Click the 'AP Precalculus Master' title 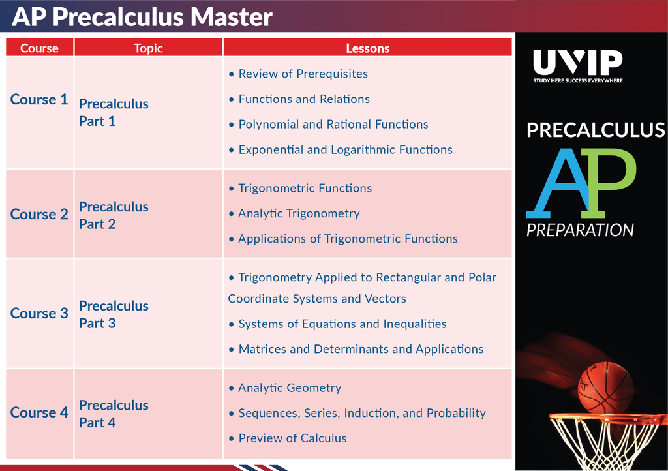pos(142,16)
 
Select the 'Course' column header pos(39,48)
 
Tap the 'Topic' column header pos(148,48)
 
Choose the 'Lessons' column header pos(368,48)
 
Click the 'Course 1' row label pos(39,99)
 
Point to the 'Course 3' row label pos(39,313)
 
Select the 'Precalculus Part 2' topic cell pos(114,215)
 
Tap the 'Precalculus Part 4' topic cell pos(114,414)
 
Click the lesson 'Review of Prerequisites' pos(303,74)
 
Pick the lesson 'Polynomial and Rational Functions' pos(333,125)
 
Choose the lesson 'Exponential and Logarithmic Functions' pos(346,149)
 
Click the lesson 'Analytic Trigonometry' pos(299,213)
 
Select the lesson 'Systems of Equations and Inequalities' pos(342,324)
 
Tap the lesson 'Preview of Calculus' pos(292,438)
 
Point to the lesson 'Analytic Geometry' pos(290,388)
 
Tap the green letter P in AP pos(610,182)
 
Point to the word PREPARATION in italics pos(580,230)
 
